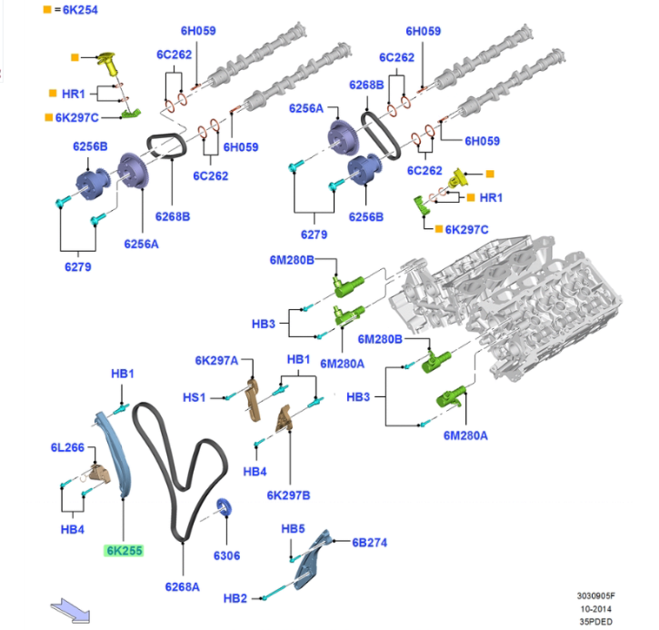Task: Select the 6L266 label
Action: pos(67,448)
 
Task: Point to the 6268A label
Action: pos(183,586)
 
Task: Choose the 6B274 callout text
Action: pos(370,543)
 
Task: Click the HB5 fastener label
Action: pos(293,528)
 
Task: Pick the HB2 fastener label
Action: pos(235,597)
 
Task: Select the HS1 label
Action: pos(195,396)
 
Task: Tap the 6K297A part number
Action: pos(216,361)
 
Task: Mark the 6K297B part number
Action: pos(289,495)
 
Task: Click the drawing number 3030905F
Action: pos(596,595)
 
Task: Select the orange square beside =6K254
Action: pos(46,10)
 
